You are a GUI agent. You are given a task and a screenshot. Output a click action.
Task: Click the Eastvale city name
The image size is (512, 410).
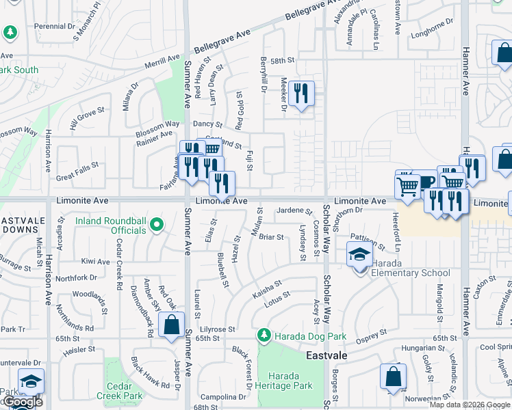pos(326,356)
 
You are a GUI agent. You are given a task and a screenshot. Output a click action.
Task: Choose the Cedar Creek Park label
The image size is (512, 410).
pos(120,391)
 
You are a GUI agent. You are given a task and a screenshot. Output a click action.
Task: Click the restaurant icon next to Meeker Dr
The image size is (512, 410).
pos(301,93)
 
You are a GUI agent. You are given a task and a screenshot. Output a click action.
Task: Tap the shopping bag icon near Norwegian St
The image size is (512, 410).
pos(393,376)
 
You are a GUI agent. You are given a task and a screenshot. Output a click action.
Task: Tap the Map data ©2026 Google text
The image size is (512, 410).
pos(469,405)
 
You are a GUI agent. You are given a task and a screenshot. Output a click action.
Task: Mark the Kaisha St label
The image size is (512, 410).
pos(267,287)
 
